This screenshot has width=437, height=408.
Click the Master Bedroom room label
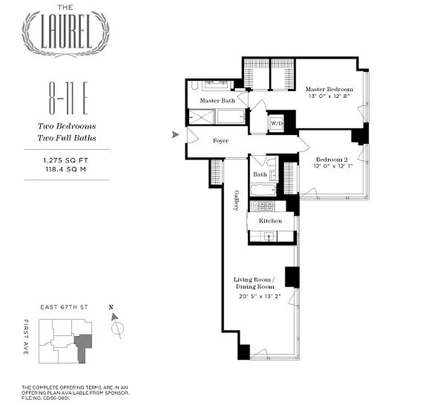click(x=328, y=89)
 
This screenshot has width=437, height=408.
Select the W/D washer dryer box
click(x=276, y=123)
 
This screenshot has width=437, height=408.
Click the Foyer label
click(x=220, y=141)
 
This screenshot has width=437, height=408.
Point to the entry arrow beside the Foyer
click(x=175, y=135)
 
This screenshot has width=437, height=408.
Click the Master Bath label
click(x=217, y=100)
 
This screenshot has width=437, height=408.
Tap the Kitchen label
click(x=270, y=221)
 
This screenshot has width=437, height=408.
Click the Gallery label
click(x=237, y=200)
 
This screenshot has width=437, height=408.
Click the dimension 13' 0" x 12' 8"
click(x=329, y=96)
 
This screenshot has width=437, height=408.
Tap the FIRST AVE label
click(x=26, y=338)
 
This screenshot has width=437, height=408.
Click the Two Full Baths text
click(x=66, y=138)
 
